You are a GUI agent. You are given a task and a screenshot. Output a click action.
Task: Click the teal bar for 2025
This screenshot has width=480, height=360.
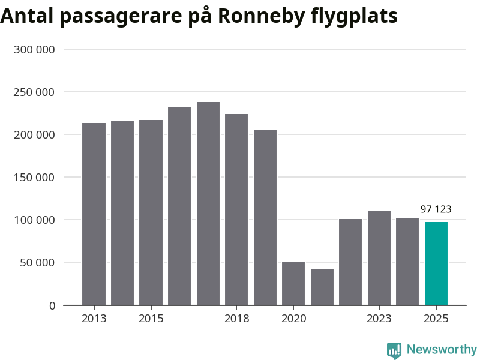436,263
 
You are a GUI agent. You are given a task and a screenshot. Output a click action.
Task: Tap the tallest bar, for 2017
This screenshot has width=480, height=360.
208,203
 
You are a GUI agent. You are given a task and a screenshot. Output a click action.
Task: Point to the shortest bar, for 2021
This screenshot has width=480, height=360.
322,287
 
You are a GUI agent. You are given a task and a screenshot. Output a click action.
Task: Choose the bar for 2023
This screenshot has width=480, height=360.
379,258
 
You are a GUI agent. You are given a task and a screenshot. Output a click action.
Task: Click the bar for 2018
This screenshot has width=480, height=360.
236,209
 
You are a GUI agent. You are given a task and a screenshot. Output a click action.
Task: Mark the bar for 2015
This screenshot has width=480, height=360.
151,212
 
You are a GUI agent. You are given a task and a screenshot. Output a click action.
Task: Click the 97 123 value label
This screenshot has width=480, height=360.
436,209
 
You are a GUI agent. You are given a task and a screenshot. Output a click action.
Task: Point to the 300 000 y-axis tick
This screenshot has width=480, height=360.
34,50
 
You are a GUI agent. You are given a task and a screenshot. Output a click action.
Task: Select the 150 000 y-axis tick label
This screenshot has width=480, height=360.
34,178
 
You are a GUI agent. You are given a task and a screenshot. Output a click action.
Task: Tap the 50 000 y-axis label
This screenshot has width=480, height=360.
37,263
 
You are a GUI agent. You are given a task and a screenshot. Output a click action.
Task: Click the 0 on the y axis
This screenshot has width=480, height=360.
52,305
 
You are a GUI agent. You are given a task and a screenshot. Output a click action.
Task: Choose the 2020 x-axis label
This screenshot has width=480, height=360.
293,318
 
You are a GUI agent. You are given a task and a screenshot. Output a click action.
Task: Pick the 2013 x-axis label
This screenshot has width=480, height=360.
94,318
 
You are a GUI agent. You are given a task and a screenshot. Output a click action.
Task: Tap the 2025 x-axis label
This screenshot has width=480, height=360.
436,318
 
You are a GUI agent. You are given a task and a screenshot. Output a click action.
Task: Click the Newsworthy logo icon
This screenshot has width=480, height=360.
394,350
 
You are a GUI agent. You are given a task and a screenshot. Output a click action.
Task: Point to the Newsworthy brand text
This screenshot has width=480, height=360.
442,349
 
